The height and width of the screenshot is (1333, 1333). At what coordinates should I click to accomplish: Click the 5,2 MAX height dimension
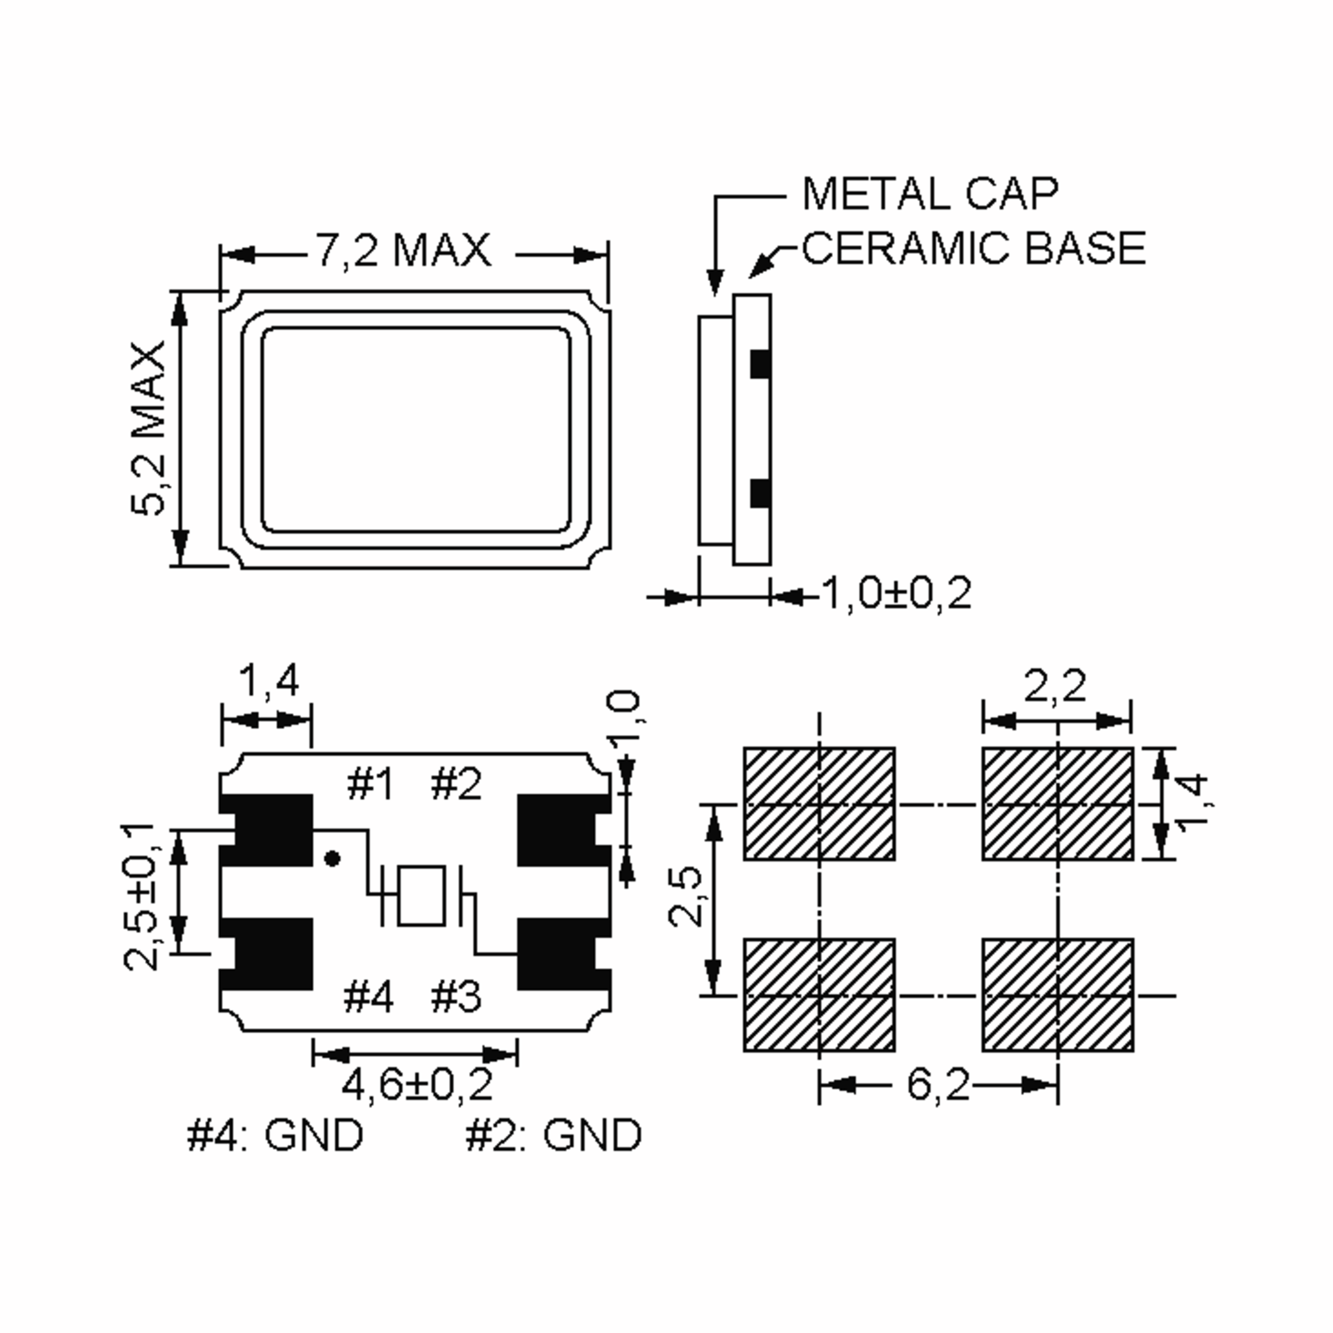(x=148, y=428)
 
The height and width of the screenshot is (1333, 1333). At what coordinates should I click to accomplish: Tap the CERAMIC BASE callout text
(x=974, y=248)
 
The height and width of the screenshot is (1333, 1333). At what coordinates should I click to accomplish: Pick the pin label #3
(x=456, y=996)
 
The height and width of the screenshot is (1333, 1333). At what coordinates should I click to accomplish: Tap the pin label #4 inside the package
(x=369, y=996)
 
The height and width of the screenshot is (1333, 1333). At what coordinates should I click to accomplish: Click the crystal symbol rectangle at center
(x=422, y=895)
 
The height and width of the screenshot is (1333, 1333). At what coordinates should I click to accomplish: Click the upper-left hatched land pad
(x=819, y=804)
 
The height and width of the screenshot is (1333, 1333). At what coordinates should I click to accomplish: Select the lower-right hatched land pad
(x=1057, y=995)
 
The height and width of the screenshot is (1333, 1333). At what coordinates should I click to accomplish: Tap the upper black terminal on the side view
(x=760, y=364)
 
